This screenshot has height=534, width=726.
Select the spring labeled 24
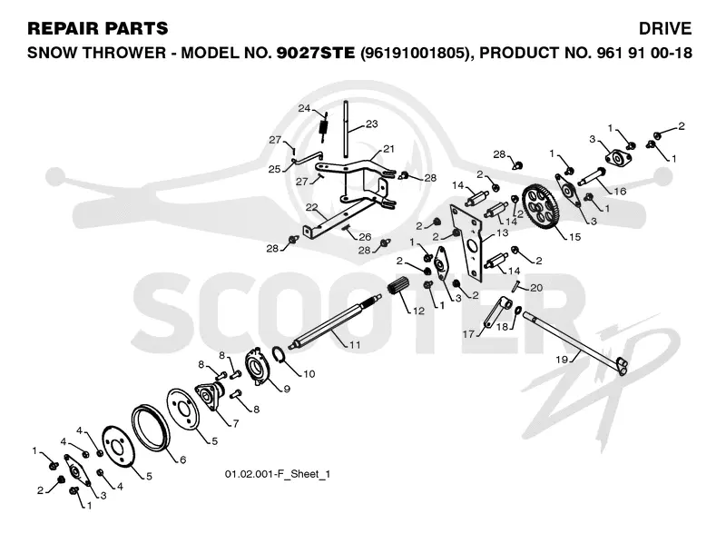(x=324, y=125)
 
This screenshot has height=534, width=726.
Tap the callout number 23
(x=372, y=124)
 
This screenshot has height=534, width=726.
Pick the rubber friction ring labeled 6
(x=151, y=428)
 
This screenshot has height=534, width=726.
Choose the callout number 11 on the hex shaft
(x=355, y=344)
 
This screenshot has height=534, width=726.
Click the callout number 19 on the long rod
(x=562, y=360)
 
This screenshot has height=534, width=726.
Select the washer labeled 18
(x=518, y=310)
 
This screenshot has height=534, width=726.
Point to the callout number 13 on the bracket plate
(x=503, y=232)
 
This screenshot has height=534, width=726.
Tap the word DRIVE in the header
(x=665, y=29)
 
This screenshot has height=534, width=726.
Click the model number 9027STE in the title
(x=316, y=53)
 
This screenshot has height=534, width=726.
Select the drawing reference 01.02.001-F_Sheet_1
(x=278, y=474)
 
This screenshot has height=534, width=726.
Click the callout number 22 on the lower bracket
(x=311, y=207)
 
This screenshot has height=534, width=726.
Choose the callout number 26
(x=365, y=237)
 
